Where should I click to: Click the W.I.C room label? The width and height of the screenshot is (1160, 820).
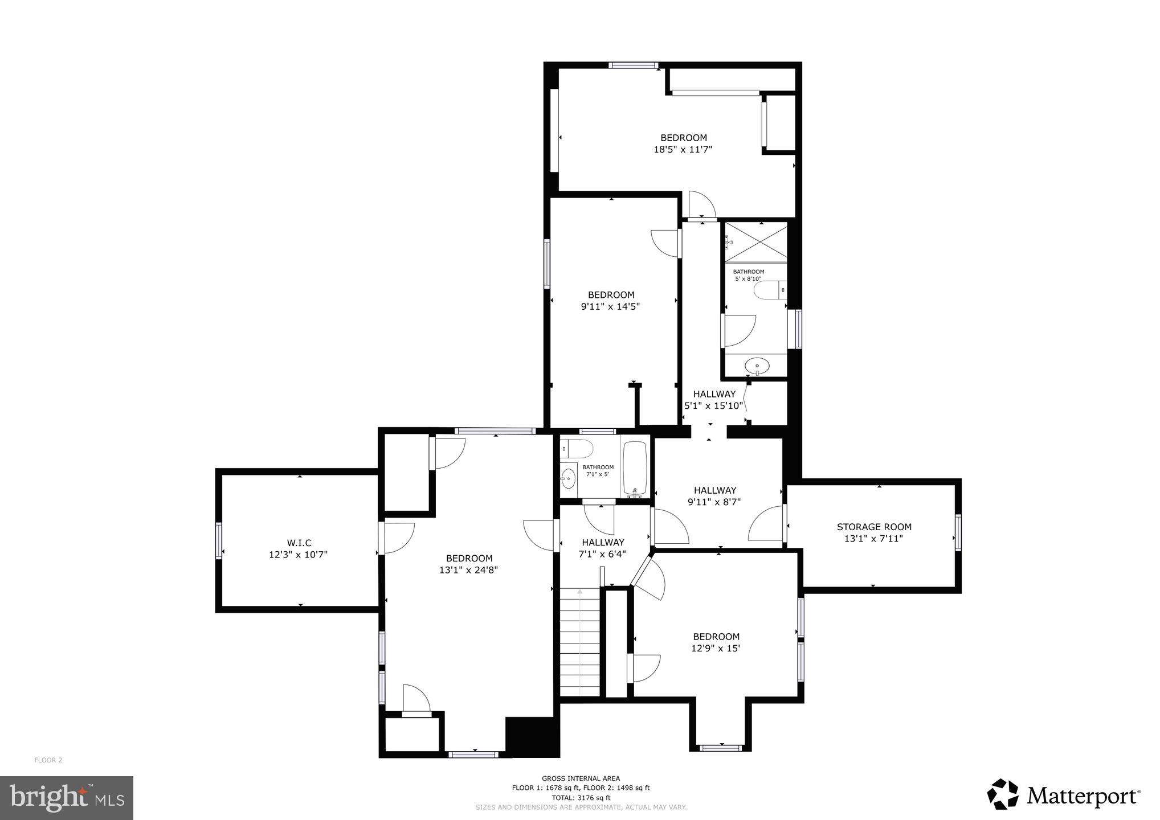click(x=299, y=543)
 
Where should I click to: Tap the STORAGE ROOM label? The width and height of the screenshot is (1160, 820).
click(x=873, y=527)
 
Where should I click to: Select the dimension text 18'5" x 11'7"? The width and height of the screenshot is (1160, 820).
click(x=683, y=150)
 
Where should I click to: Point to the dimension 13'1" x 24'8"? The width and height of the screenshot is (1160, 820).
click(x=468, y=570)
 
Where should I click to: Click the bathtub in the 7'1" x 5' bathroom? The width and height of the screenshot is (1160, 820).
click(x=635, y=468)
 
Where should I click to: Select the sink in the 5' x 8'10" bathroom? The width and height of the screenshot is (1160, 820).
click(x=757, y=364)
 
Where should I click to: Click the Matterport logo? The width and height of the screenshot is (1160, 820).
click(x=1063, y=794)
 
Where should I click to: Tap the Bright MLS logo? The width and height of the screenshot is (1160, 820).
click(x=67, y=797)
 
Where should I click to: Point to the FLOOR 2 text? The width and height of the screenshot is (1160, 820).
click(x=48, y=760)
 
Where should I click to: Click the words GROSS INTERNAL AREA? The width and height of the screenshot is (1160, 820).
click(x=581, y=778)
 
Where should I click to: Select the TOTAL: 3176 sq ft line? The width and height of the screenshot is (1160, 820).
click(x=581, y=798)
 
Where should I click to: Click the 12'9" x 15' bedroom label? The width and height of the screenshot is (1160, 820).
click(x=716, y=642)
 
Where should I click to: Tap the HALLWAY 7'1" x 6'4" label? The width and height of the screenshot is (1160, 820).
click(x=603, y=548)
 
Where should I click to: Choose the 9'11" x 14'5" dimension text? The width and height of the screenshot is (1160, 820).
click(x=611, y=306)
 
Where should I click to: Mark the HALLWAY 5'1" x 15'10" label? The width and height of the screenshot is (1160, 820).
click(x=714, y=400)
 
